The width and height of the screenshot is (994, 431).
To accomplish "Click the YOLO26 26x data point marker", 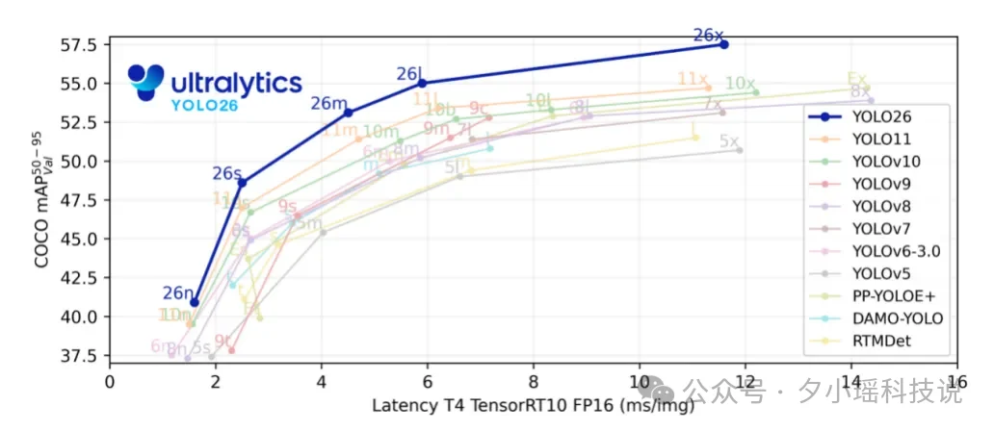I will (x=724, y=44).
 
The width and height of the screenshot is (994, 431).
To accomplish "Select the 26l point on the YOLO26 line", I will (x=422, y=83).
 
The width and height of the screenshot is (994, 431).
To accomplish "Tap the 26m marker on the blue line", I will (x=348, y=113).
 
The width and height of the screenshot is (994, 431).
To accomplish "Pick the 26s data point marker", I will (x=242, y=183).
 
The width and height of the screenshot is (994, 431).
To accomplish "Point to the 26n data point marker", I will (x=195, y=302).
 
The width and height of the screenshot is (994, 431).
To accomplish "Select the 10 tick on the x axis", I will (x=639, y=383).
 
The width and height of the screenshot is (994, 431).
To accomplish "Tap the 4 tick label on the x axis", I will (x=322, y=383).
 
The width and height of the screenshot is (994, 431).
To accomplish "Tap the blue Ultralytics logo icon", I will (x=147, y=83).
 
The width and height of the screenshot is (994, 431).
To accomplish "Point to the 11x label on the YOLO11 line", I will (x=693, y=79).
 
